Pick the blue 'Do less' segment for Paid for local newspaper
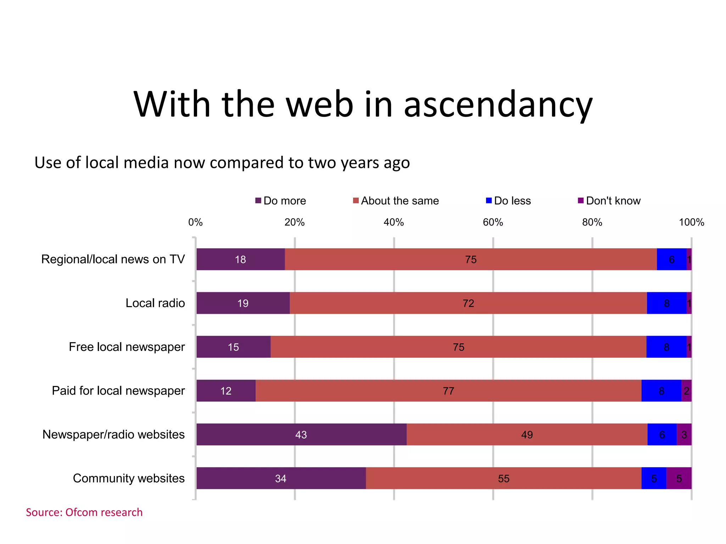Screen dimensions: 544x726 (661, 390)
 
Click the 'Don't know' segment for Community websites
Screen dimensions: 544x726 (679, 478)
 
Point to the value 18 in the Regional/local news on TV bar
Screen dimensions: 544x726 (240, 259)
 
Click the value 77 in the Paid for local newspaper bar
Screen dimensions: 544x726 (448, 391)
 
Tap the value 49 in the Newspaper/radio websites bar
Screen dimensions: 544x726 (527, 435)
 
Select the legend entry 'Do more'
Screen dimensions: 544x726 (280, 201)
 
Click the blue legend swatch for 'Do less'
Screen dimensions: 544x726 (489, 200)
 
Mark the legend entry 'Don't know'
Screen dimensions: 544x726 (609, 201)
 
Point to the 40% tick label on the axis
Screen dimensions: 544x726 (393, 222)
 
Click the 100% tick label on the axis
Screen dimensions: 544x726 (691, 222)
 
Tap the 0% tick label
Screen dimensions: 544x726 (195, 222)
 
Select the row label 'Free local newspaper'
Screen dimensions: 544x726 (127, 347)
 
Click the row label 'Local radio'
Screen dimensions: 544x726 (155, 303)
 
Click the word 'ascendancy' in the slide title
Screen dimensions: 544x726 (498, 104)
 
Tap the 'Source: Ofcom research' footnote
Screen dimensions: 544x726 (84, 512)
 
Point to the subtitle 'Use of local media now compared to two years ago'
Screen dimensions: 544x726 (222, 163)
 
